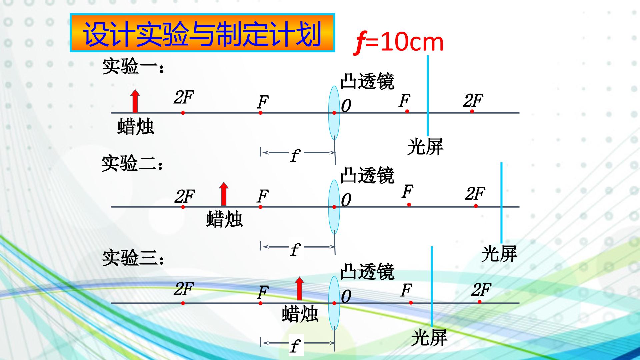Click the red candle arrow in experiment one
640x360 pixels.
(135, 101)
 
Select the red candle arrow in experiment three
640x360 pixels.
(300, 289)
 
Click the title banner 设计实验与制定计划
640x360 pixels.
(202, 33)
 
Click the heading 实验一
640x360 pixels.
(133, 66)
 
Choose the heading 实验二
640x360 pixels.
(132, 163)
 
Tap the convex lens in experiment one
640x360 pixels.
(334, 112)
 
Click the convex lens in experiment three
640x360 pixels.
(334, 303)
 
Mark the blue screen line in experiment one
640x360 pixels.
(428, 96)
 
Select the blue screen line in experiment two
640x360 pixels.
(501, 203)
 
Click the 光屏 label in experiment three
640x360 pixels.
(429, 338)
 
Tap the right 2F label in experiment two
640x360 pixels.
(475, 194)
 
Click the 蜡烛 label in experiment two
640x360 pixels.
(224, 219)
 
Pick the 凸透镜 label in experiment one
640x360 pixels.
(367, 81)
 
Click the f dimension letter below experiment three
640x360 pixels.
(295, 346)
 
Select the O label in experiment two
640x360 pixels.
(346, 200)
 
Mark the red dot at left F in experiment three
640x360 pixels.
(260, 303)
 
